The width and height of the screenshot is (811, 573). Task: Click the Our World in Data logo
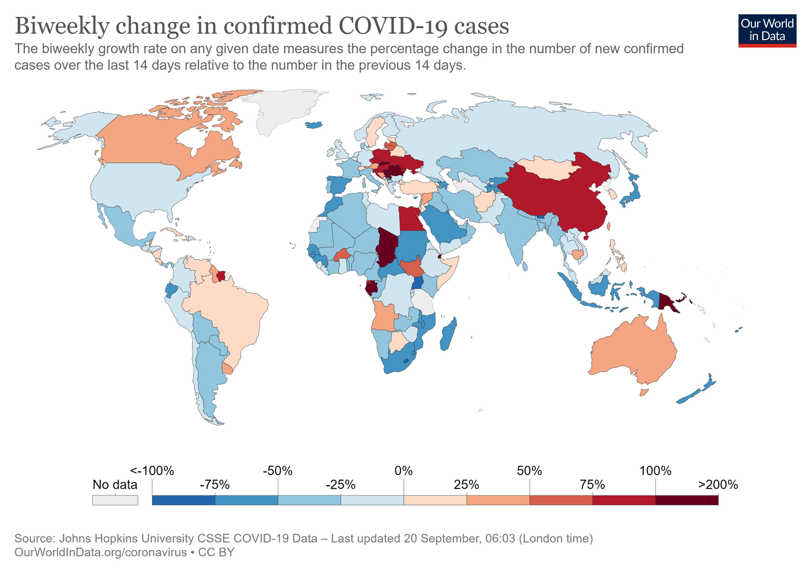click(x=767, y=30)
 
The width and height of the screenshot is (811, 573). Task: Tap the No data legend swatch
click(x=115, y=500)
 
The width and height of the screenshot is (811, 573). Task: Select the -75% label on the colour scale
click(x=215, y=485)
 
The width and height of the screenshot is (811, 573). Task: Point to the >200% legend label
click(x=718, y=485)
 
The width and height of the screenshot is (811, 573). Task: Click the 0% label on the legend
click(x=403, y=471)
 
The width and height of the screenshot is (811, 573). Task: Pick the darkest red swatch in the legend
click(x=686, y=500)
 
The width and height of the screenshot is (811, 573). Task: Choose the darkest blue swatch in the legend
click(x=183, y=500)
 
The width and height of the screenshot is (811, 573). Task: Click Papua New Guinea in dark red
click(x=668, y=303)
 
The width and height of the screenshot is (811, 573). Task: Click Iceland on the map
click(x=315, y=125)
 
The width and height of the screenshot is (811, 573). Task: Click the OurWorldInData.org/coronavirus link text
click(x=100, y=552)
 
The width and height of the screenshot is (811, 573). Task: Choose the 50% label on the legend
click(x=529, y=471)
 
